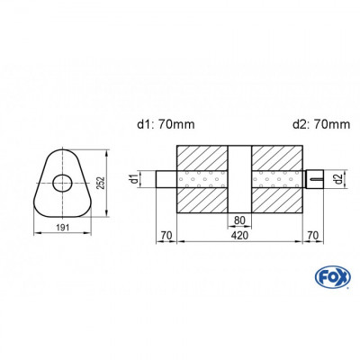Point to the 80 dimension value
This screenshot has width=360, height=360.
[x=239, y=219]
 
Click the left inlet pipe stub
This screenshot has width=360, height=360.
[x=166, y=178]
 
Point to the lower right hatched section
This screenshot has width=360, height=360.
[x=275, y=200]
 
